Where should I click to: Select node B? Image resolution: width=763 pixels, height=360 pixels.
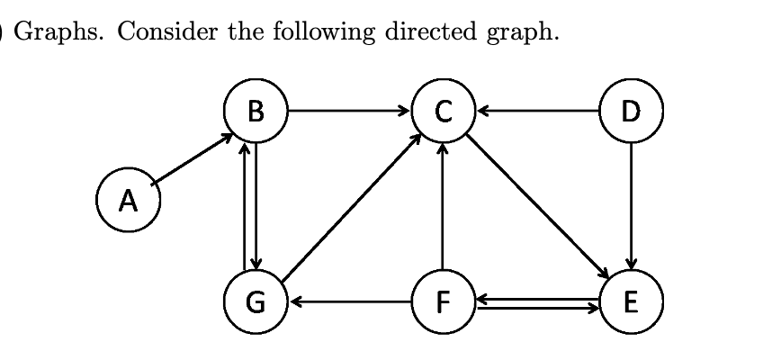[x=256, y=112]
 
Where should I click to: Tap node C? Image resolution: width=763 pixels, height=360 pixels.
[x=442, y=112]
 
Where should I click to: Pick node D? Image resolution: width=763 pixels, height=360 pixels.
[x=632, y=112]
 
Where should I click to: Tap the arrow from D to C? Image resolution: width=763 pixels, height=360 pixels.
[x=537, y=112]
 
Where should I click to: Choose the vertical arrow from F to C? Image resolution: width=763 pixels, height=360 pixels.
[x=442, y=207]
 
